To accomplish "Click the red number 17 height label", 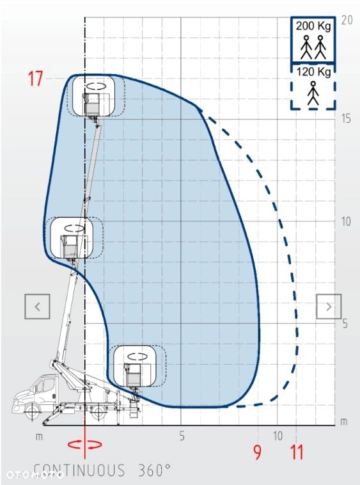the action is point(36,78).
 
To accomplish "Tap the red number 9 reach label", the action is point(257,452).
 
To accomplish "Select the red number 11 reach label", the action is point(297,452).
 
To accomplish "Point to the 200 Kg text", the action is point(313,26).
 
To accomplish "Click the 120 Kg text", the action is point(314,72).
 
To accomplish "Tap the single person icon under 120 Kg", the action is point(313,93).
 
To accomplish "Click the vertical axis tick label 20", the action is point(347,20).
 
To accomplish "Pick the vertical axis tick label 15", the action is point(346,118).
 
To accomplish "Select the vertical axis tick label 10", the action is point(346,221).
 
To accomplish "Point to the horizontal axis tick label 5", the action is point(182,436).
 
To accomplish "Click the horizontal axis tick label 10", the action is point(278,436).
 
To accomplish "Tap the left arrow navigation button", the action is point(37,306).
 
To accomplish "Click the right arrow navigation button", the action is point(329,306).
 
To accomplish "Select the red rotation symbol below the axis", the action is point(85,444).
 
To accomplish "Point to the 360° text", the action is point(154,470).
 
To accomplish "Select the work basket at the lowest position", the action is point(134,375).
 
